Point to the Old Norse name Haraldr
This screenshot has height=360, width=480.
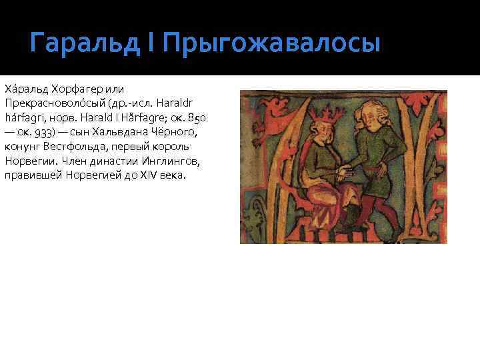click(x=193, y=104)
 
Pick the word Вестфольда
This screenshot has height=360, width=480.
click(x=73, y=147)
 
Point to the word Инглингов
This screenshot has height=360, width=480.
click(x=161, y=161)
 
